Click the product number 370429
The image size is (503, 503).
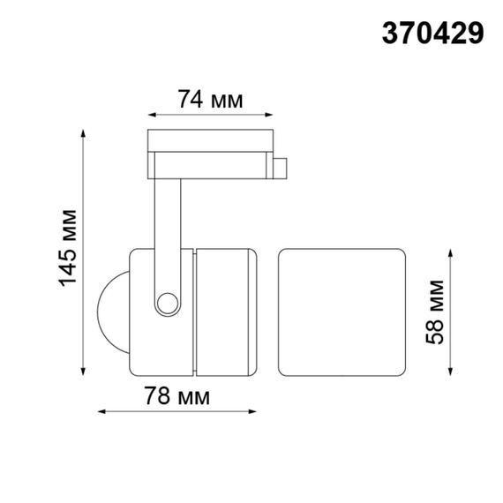coord(432,34)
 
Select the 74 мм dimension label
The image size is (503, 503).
coord(209,100)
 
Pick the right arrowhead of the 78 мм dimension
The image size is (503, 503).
coord(257,412)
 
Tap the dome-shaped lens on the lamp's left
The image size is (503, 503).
coord(110,308)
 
